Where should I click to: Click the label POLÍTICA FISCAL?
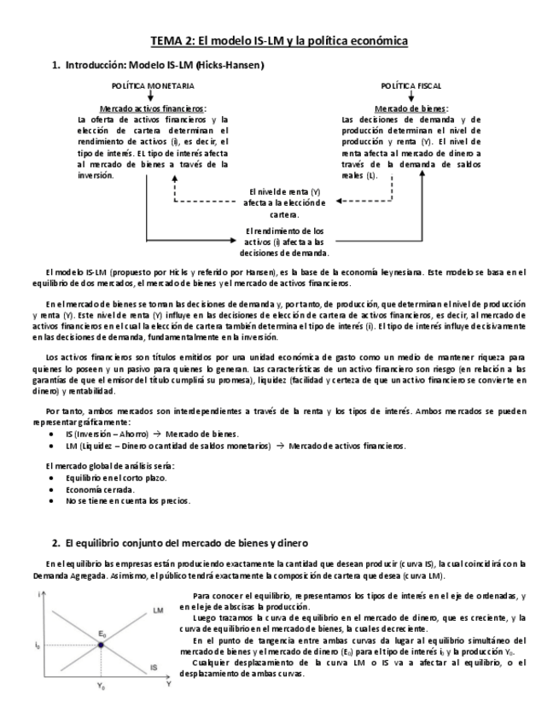pyautogui.click(x=411, y=85)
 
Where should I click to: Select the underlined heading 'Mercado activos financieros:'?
pyautogui.click(x=153, y=109)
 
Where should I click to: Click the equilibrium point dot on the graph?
pyautogui.click(x=101, y=645)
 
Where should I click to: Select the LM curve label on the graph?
pyautogui.click(x=158, y=611)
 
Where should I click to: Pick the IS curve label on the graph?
pyautogui.click(x=154, y=667)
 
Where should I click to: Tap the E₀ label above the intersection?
pyautogui.click(x=102, y=633)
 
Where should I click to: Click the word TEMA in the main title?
pyautogui.click(x=167, y=41)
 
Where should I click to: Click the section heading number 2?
pyautogui.click(x=55, y=543)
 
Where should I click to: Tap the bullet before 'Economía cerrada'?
pyautogui.click(x=55, y=489)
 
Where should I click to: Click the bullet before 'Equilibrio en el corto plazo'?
pyautogui.click(x=55, y=478)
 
